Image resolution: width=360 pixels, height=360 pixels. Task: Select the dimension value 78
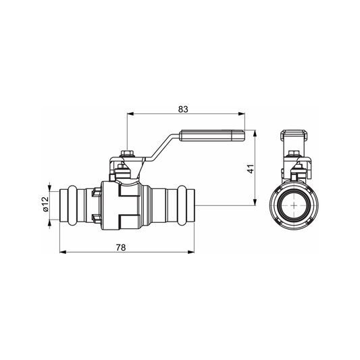point(120,247)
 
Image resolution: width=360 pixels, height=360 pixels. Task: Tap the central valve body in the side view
point(124,204)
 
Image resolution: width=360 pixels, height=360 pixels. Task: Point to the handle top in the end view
point(297,135)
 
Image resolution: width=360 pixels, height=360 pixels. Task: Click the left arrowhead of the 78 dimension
point(63,254)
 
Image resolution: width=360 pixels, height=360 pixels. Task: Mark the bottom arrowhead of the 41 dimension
point(255,201)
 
